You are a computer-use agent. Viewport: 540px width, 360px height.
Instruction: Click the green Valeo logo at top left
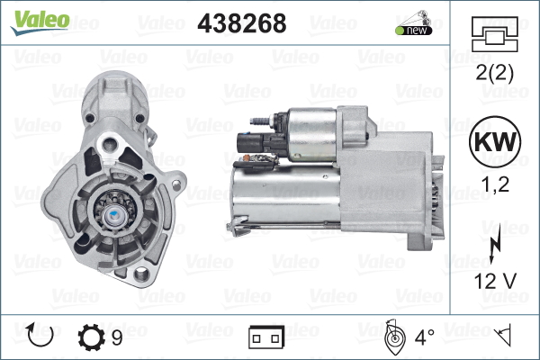click(x=40, y=23)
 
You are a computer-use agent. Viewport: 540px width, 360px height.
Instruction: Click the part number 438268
click(x=242, y=23)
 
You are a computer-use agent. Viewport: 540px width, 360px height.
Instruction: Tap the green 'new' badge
click(x=414, y=31)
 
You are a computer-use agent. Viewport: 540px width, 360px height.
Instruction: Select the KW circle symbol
click(x=495, y=141)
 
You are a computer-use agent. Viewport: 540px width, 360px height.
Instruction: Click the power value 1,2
click(x=495, y=184)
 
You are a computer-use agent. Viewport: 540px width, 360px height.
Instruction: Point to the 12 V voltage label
click(x=495, y=281)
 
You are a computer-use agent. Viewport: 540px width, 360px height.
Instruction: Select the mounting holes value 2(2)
click(x=494, y=73)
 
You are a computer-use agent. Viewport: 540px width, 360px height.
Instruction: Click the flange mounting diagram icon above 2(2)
click(x=494, y=34)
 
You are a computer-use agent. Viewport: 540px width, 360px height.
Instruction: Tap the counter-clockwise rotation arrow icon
click(x=40, y=336)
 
